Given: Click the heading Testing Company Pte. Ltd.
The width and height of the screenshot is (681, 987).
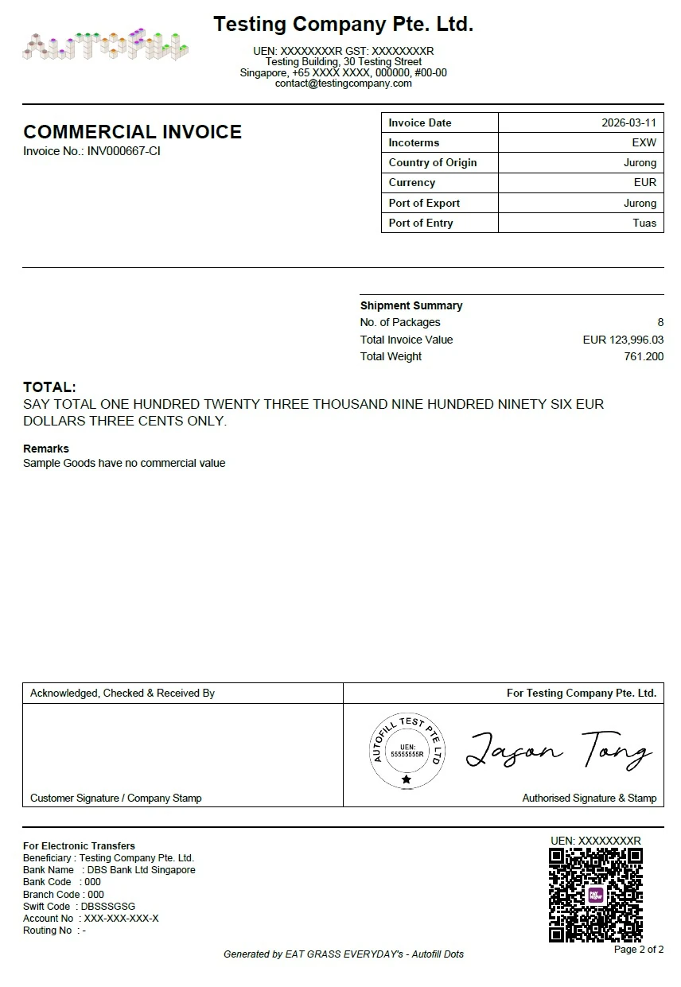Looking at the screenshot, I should pos(343,25).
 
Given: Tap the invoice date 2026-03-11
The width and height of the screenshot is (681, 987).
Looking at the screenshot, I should pos(628,123).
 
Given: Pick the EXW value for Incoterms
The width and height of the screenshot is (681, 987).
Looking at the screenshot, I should pos(644,143).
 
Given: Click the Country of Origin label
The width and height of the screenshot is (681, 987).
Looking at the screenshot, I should pos(433,163).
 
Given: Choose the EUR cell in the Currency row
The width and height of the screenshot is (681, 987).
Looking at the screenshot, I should pos(645,183).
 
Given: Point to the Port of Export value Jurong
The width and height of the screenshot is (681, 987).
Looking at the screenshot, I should pos(640,203).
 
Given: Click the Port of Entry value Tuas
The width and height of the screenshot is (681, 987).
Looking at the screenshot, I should pos(644,223).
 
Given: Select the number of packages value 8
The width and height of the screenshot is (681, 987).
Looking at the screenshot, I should pos(660,323).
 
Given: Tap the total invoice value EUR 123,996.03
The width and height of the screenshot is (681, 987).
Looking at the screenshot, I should pos(623,340).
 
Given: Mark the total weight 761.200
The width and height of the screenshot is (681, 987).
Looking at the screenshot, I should pos(644,356).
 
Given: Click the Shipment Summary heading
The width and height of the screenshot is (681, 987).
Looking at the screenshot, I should pos(411,305).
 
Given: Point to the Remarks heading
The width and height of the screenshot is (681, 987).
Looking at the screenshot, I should pos(46,449).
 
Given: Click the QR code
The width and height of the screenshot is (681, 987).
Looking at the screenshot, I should pos(596,894).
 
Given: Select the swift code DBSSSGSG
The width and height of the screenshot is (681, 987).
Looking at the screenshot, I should pos(108,907).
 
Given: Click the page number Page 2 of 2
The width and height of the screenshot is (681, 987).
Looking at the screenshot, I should pos(639,950).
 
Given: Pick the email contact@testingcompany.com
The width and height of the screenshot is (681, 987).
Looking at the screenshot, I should pos(343,84).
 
